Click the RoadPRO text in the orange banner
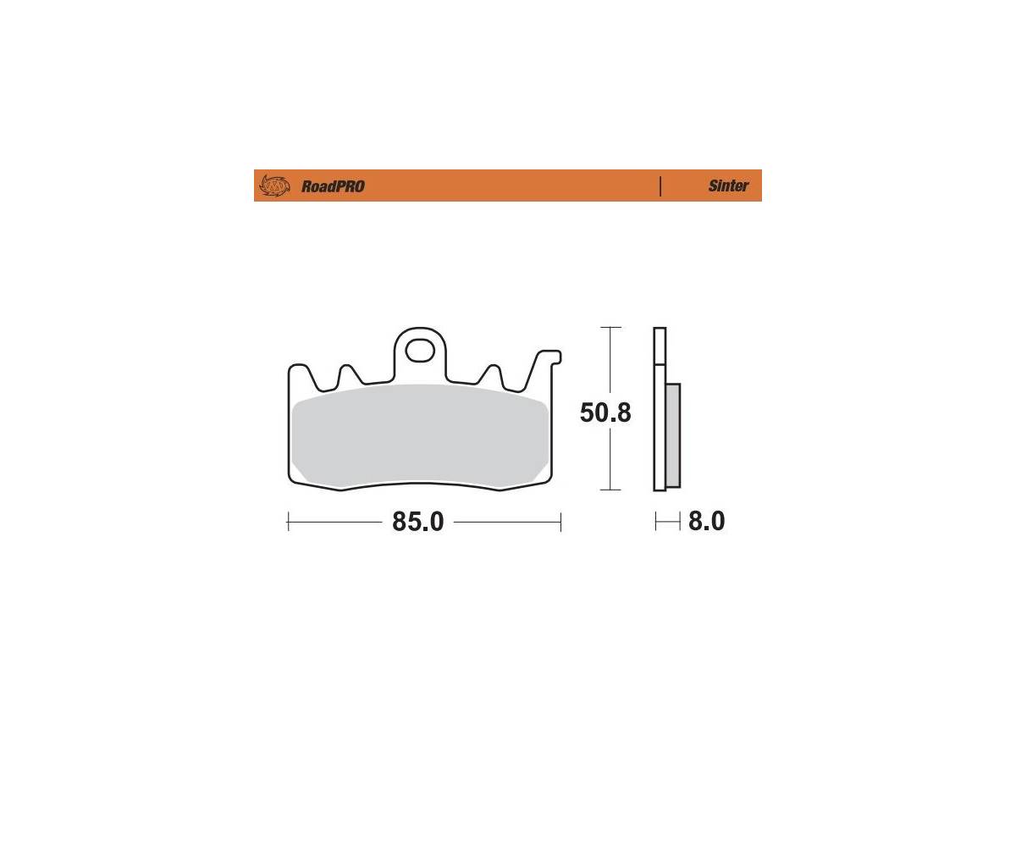(x=333, y=186)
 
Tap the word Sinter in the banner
(x=728, y=185)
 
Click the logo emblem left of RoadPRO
(x=274, y=185)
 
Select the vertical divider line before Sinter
(x=660, y=186)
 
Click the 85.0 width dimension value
(x=418, y=522)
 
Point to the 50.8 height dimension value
(x=605, y=412)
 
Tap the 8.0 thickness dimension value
(x=706, y=522)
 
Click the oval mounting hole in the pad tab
(x=420, y=351)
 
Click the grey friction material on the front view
(x=420, y=435)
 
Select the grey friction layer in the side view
(x=673, y=435)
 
